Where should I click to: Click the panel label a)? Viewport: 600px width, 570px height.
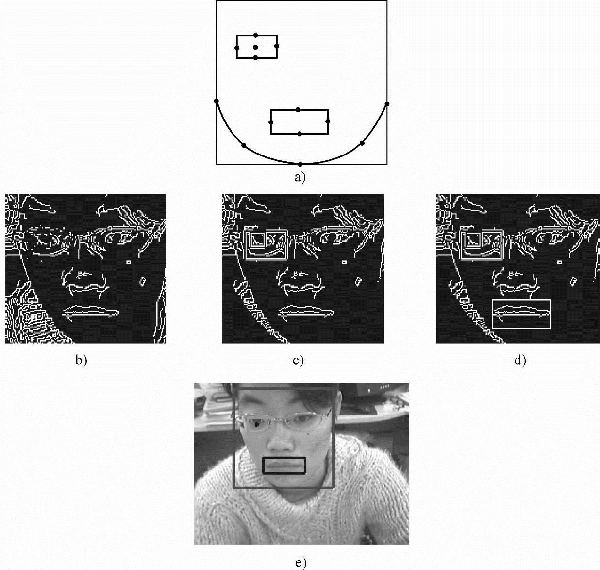coord(300,177)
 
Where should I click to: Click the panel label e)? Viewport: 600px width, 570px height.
coord(300,563)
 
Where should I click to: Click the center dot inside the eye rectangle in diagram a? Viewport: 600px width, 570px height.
coord(255,47)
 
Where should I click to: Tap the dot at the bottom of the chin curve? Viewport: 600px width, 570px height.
coord(300,164)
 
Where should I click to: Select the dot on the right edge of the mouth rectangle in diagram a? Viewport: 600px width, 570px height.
coord(328,121)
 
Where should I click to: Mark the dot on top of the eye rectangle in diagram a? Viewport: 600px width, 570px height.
coord(256,35)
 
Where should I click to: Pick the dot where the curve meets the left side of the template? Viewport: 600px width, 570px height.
coord(217,101)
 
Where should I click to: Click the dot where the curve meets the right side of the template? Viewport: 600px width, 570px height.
coord(387,104)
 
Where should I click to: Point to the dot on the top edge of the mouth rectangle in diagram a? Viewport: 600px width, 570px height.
coord(298,110)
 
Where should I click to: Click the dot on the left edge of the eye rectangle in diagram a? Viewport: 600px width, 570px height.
coord(237,48)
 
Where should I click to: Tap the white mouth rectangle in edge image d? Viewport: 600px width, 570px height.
coord(521,314)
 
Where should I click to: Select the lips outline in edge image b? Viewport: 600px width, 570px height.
coord(91,311)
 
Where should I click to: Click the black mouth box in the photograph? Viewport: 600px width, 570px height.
coord(284,466)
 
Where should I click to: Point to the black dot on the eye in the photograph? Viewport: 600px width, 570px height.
coord(257,425)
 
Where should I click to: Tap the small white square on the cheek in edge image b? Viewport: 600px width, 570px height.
coord(129,262)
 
